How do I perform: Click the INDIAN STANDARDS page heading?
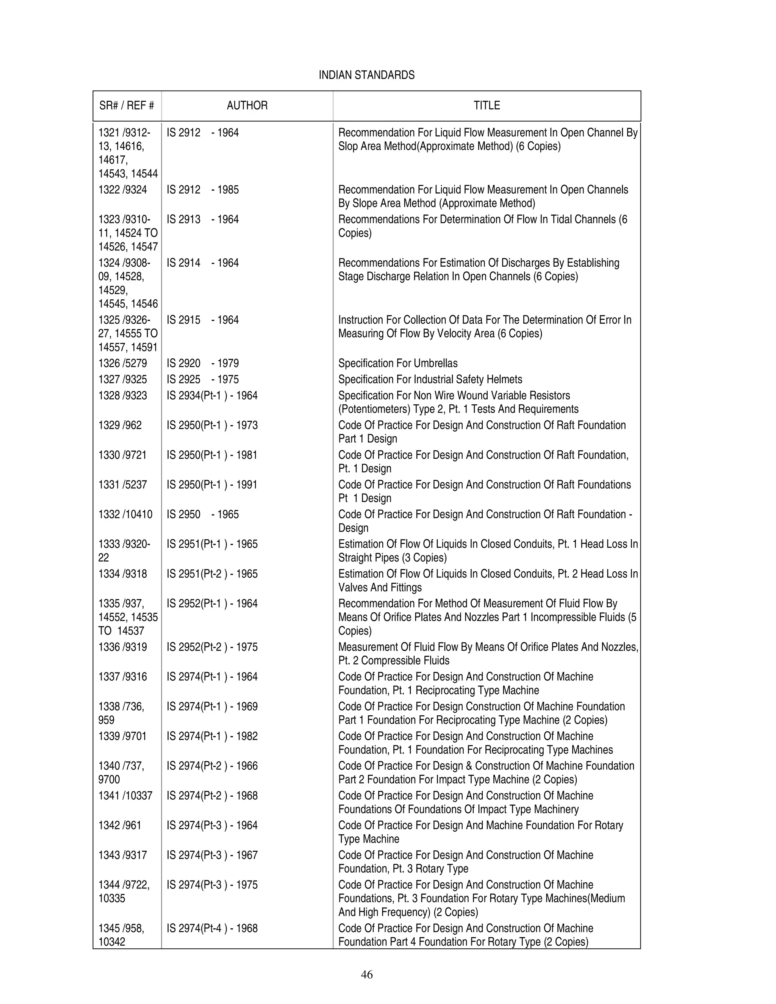tap(366, 75)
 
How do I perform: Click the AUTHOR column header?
tap(247, 105)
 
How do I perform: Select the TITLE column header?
tap(487, 105)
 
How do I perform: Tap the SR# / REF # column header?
tap(127, 105)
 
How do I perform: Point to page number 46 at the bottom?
tap(366, 974)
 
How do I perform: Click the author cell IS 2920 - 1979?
tap(202, 363)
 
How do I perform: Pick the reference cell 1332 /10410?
tap(125, 514)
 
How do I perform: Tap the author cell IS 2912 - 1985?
tap(202, 189)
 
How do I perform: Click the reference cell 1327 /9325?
tap(122, 379)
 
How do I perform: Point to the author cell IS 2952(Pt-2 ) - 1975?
tap(212, 647)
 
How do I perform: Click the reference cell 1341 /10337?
tap(125, 795)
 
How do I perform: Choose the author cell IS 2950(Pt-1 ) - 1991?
tap(212, 485)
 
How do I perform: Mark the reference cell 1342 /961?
tap(119, 825)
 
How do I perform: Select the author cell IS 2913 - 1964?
tap(202, 219)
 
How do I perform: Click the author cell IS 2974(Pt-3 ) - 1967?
tap(212, 855)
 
